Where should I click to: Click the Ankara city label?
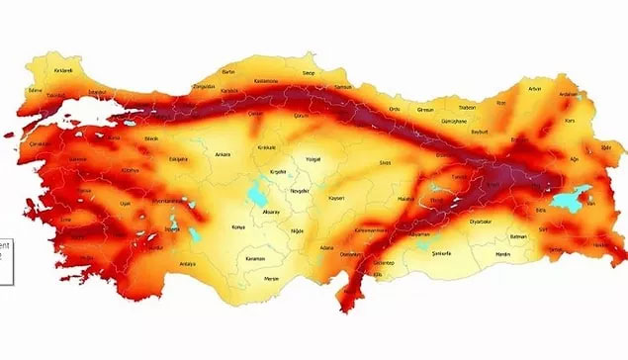(224, 154)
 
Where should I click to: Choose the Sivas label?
(386, 160)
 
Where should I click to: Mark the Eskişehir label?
(178, 158)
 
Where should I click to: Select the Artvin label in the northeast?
(535, 88)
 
